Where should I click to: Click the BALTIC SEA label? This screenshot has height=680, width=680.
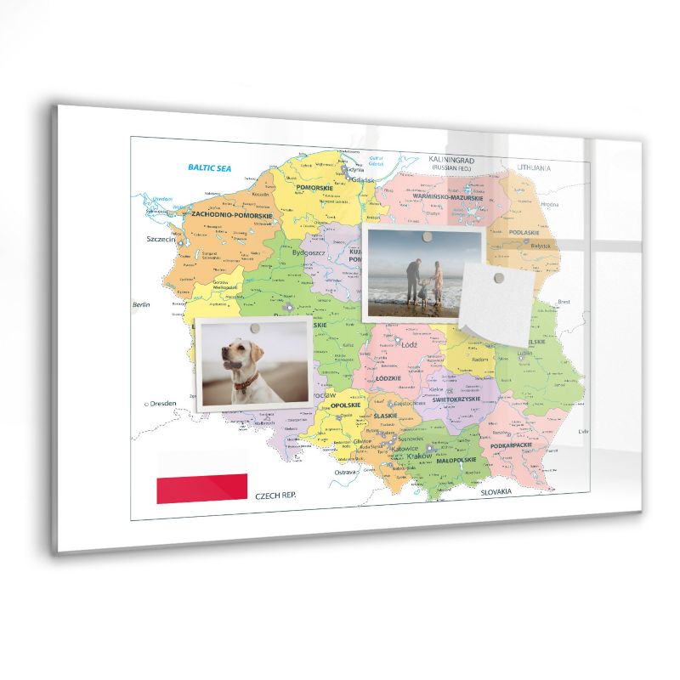[x=209, y=168]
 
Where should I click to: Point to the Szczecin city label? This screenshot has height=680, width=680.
[x=161, y=240]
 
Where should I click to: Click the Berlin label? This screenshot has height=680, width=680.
[x=140, y=304]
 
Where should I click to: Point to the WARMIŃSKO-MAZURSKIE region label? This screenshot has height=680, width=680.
[x=447, y=197]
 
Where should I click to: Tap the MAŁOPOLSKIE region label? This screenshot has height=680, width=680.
[x=456, y=459]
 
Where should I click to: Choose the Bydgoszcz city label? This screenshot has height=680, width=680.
[x=309, y=252]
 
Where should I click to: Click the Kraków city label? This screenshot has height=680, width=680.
[x=419, y=456]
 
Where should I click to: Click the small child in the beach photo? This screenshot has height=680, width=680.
[x=422, y=290]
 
